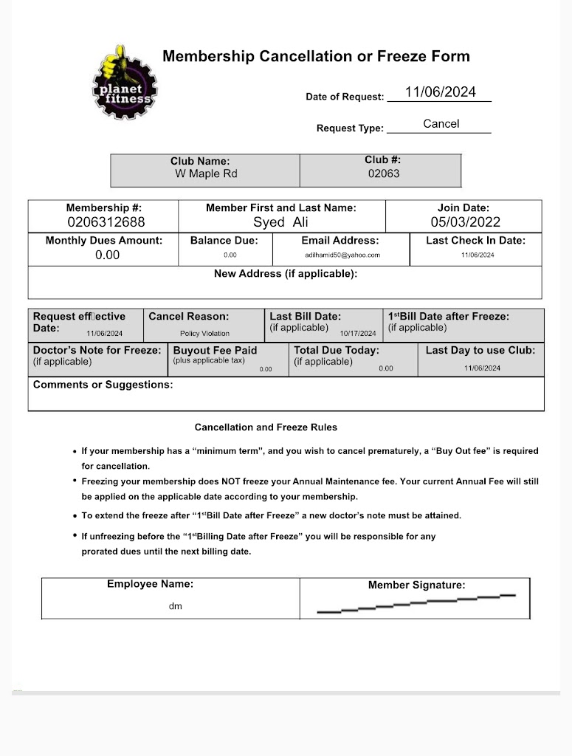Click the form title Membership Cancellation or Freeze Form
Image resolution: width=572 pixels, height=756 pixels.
[x=316, y=56]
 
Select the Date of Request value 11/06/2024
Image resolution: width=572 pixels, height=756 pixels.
[x=440, y=92]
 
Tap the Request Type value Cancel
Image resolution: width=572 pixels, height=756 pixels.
[x=441, y=124]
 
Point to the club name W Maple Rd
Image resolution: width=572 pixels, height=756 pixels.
[x=206, y=174]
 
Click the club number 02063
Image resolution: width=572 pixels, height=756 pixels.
[x=383, y=174]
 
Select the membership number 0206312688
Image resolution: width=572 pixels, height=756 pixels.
[x=106, y=222]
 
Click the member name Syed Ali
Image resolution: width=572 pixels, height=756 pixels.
[x=280, y=222]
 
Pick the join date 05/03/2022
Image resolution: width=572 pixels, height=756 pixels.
[x=465, y=222]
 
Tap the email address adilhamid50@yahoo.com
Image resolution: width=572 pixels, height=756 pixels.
[x=342, y=255]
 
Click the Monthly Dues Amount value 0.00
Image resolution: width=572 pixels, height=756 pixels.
[x=107, y=255]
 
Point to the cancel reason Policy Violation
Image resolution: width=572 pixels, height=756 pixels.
[x=204, y=334]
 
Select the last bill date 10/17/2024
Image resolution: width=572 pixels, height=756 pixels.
[x=357, y=334]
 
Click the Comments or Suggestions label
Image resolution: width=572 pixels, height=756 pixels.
[x=103, y=385]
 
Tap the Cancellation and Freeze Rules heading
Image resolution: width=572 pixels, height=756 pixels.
[x=266, y=427]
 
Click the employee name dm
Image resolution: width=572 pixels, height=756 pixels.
[x=175, y=607]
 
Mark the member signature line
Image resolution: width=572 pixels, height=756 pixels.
[x=416, y=603]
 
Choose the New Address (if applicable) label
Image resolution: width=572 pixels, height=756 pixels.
[x=285, y=274]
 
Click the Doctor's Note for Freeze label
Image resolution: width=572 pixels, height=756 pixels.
[x=97, y=350]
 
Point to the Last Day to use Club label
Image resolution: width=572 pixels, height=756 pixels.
[x=480, y=350]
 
